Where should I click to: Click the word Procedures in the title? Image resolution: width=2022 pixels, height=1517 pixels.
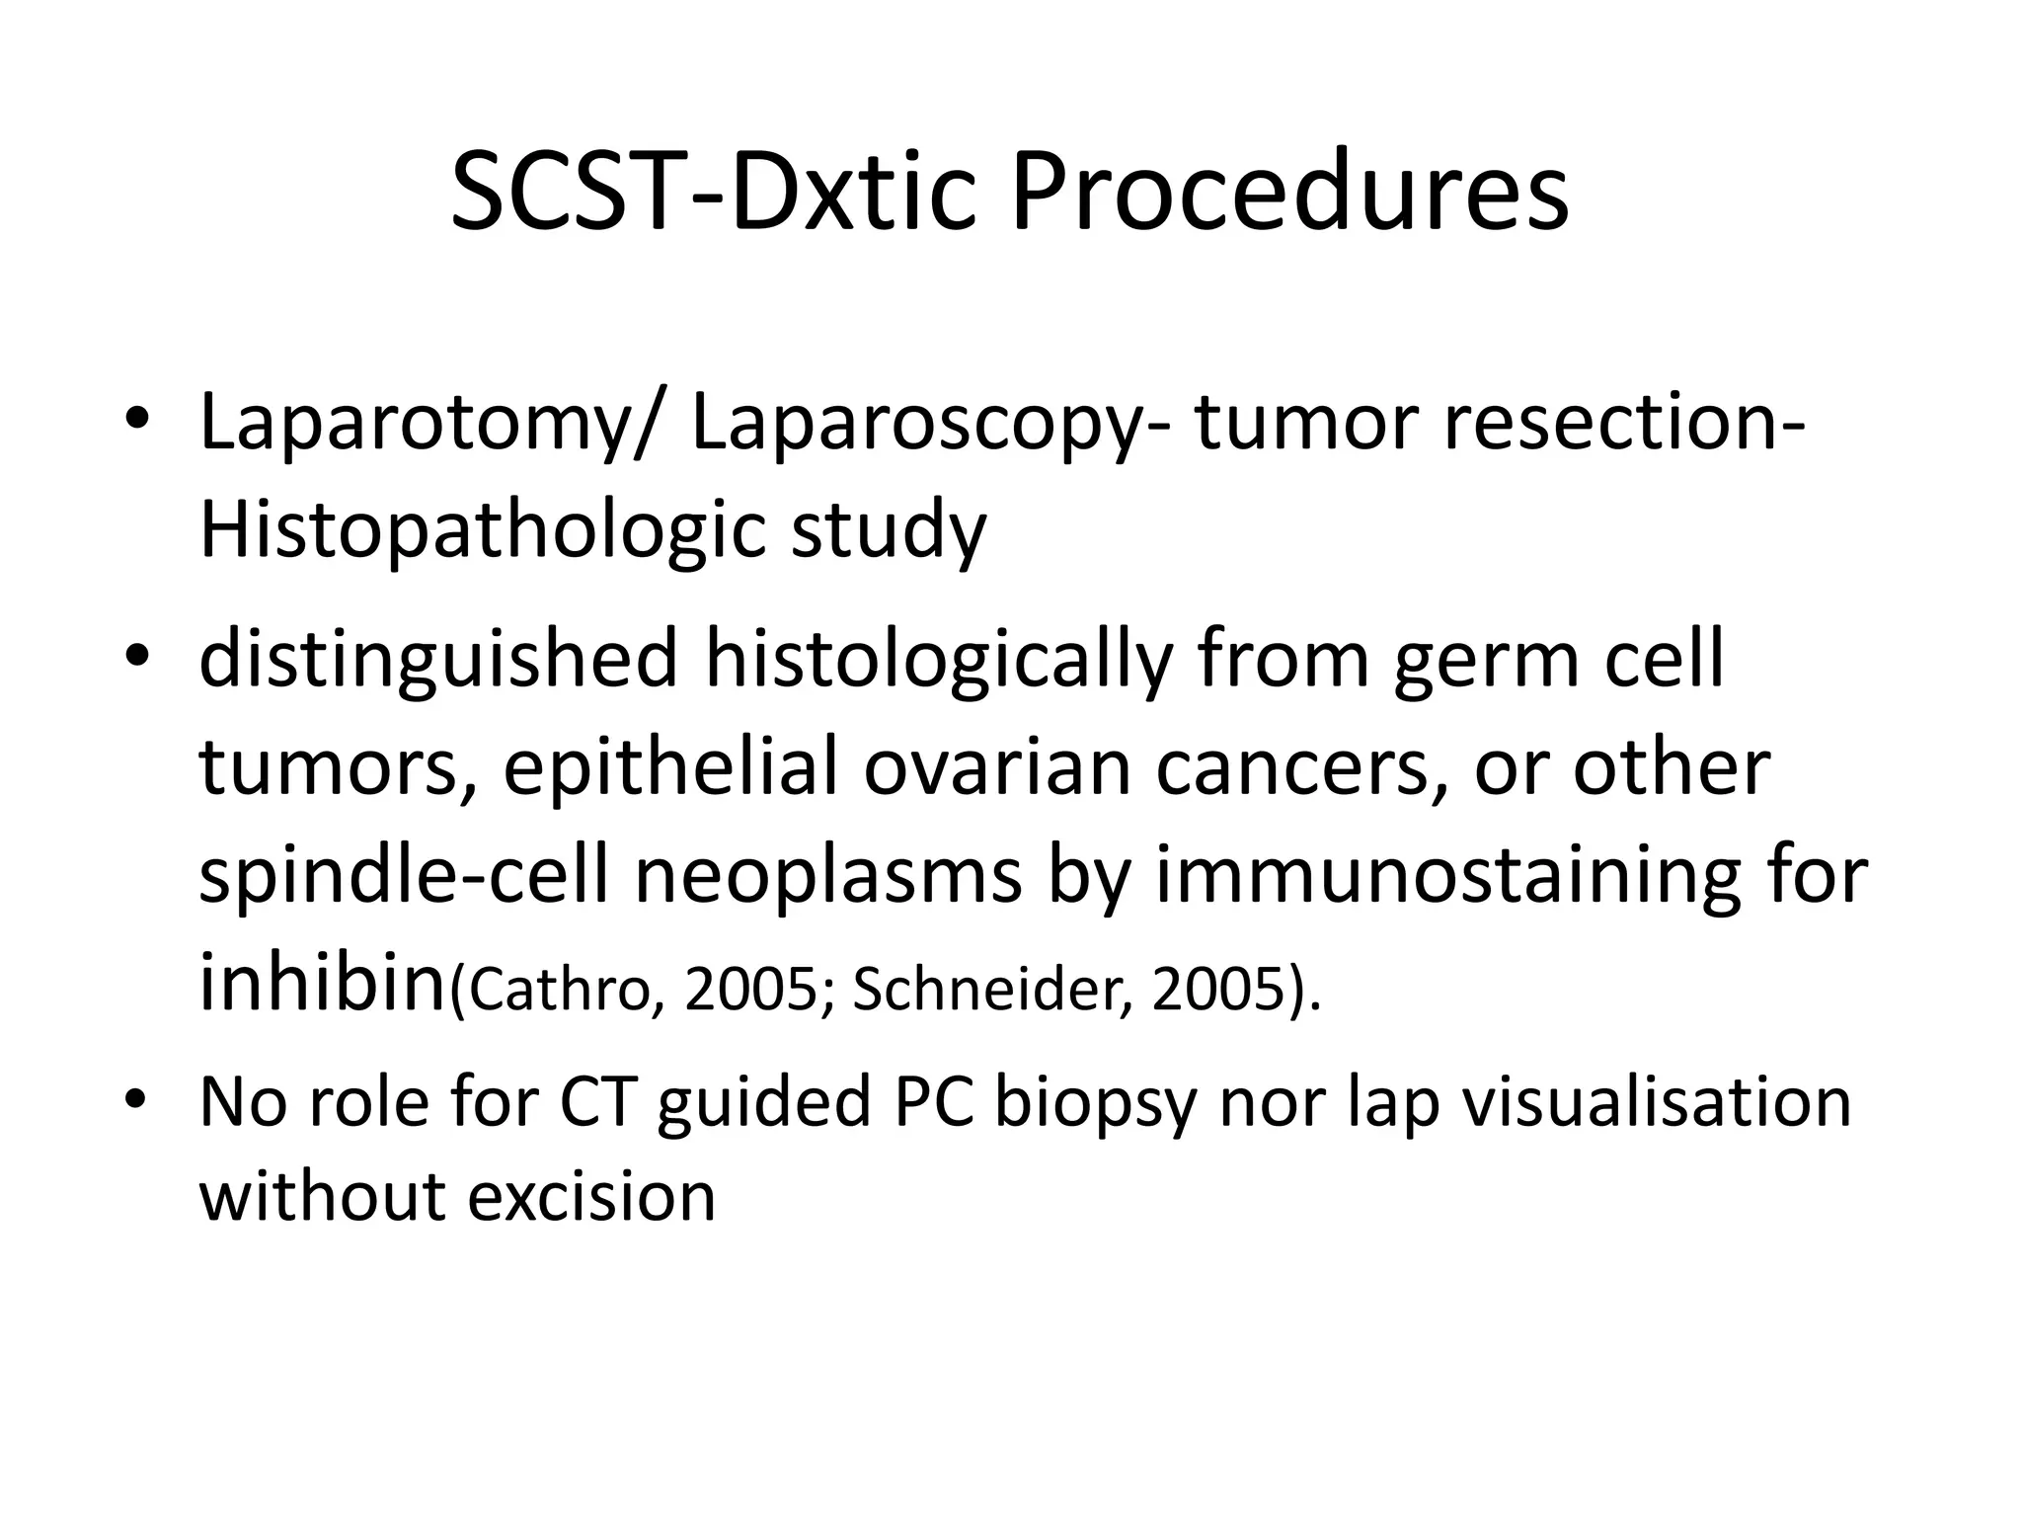click(1288, 193)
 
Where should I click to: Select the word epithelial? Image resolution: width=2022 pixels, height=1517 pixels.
click(670, 768)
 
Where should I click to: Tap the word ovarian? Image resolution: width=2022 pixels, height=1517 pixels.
click(997, 768)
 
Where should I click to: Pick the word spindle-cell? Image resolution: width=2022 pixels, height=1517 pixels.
click(404, 877)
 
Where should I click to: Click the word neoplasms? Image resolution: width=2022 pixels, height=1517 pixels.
click(827, 877)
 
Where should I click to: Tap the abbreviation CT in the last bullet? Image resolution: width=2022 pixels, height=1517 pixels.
click(596, 1103)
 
